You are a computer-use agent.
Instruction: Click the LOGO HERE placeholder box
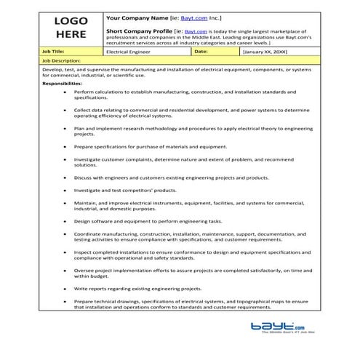click(71, 28)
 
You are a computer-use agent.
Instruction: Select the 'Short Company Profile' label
click(140, 32)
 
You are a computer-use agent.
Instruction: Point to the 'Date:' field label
click(201, 52)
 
